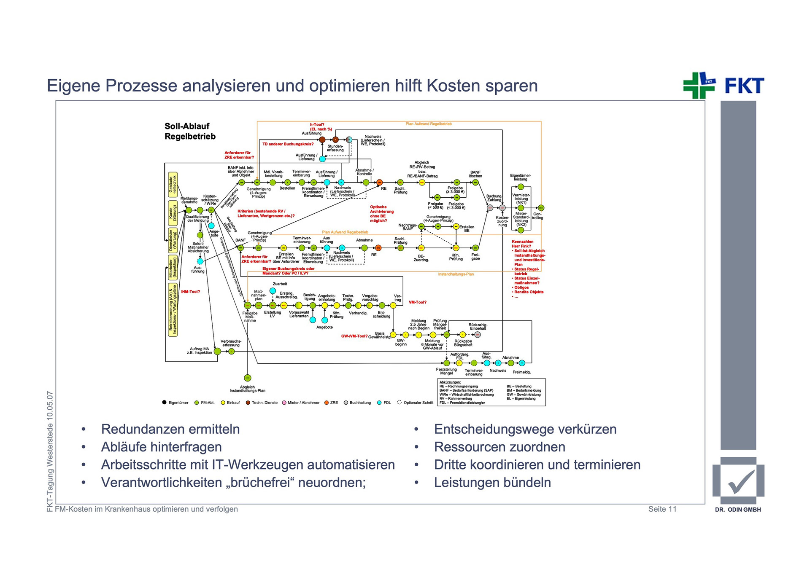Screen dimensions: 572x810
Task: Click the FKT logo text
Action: point(744,86)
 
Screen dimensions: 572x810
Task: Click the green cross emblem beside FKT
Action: point(699,86)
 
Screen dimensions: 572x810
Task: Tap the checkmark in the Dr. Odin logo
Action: point(741,482)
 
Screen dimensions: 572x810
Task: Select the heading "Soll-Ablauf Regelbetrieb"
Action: point(190,131)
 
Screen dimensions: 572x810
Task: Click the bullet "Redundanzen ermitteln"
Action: point(170,429)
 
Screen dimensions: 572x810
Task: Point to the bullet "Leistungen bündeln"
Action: point(492,482)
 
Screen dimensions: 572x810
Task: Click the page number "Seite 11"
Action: point(662,509)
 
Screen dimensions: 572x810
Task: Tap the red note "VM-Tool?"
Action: point(417,302)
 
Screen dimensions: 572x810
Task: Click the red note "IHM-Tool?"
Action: point(190,292)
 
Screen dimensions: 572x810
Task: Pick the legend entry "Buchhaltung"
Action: point(360,403)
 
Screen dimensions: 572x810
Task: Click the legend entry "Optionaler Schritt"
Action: point(418,403)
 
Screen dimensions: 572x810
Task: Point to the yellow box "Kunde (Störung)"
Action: point(173,213)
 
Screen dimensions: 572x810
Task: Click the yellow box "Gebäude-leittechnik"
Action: point(173,185)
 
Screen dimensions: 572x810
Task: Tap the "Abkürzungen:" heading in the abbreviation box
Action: point(450,382)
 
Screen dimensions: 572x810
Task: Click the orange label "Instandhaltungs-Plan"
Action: point(456,274)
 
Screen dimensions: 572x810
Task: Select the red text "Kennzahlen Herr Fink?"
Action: point(522,244)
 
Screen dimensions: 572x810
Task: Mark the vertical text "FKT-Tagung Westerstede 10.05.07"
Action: point(50,451)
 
